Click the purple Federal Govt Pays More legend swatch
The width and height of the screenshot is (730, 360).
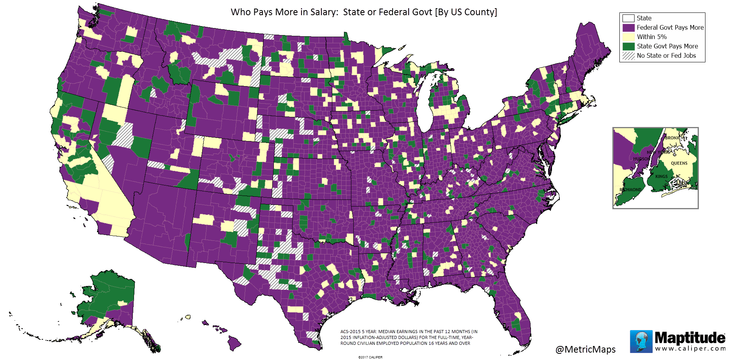[628, 28]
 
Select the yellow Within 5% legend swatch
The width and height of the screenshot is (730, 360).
[628, 37]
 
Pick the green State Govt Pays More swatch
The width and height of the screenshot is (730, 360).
[628, 46]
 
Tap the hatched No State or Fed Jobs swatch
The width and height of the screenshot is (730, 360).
[628, 56]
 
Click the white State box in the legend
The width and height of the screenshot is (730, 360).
[628, 18]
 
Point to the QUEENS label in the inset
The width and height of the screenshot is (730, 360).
[679, 163]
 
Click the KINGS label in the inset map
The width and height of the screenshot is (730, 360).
[661, 176]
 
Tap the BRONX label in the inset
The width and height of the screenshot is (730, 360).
[672, 138]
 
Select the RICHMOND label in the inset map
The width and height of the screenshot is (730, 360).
[630, 190]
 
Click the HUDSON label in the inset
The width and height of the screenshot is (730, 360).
[641, 159]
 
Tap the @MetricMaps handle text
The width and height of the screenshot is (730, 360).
[585, 349]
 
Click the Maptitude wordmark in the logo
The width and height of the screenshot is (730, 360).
[689, 337]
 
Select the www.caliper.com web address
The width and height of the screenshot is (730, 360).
[689, 348]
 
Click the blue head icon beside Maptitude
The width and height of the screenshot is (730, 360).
[641, 341]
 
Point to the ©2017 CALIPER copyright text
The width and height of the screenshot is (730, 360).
[370, 357]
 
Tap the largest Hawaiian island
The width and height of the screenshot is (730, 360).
[235, 343]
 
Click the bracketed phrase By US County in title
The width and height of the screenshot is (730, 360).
[466, 12]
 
